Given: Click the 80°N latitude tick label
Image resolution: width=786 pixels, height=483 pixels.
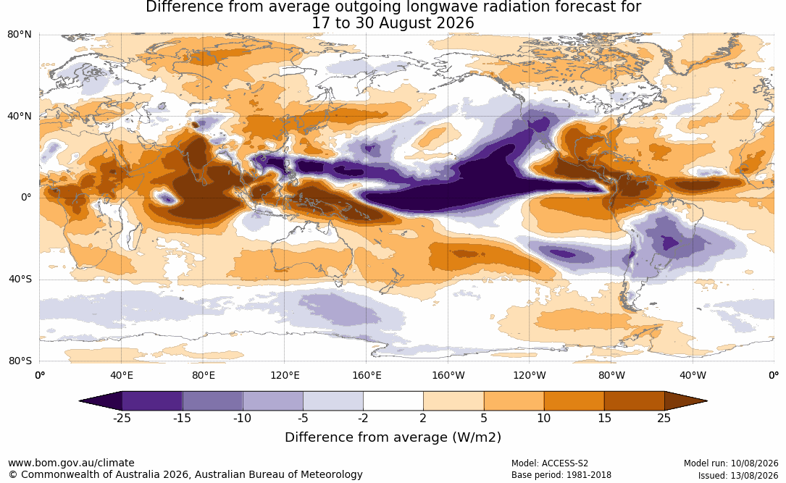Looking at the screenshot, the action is click(x=19, y=35).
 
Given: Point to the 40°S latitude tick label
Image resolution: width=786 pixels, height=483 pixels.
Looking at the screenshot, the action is click(x=20, y=279).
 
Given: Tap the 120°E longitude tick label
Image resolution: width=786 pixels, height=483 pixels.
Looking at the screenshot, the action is click(x=285, y=375).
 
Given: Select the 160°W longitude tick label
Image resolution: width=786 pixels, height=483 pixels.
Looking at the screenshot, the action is click(x=448, y=375).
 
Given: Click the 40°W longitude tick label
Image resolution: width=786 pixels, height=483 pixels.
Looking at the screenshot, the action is click(x=693, y=375).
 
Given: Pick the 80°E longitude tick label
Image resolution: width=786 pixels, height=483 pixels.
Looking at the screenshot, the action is click(x=203, y=375).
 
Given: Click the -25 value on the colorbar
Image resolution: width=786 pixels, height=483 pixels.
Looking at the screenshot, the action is click(x=122, y=418).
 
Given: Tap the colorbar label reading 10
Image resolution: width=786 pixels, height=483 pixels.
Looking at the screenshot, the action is click(x=544, y=418).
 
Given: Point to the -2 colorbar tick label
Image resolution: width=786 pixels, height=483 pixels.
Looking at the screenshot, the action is click(x=364, y=418).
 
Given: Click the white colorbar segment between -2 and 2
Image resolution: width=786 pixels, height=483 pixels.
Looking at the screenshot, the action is click(x=393, y=401).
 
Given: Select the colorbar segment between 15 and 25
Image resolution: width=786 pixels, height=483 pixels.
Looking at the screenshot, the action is click(x=634, y=401).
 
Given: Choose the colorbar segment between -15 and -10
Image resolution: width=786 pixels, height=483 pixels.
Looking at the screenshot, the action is click(x=212, y=401).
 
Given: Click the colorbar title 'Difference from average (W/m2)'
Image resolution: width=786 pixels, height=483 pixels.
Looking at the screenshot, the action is click(x=393, y=437).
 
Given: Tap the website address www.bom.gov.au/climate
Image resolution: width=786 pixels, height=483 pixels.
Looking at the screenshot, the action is click(x=71, y=463).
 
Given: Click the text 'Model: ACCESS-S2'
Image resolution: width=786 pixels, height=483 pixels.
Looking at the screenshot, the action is click(x=550, y=463).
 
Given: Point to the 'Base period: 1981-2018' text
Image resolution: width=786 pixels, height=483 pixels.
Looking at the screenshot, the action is click(x=561, y=475).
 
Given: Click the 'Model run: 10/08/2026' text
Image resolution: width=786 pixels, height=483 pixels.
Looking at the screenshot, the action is click(x=731, y=463).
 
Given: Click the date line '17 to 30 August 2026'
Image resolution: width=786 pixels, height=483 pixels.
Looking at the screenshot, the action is click(x=393, y=23).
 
